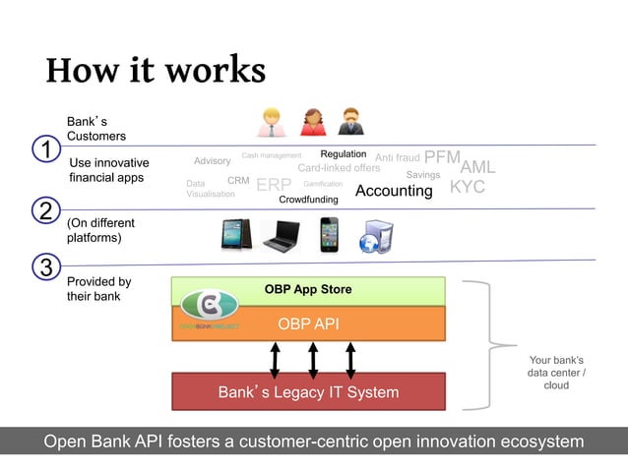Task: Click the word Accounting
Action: (394, 191)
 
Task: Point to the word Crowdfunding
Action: (308, 200)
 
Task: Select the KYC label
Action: (468, 187)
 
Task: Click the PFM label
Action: (442, 157)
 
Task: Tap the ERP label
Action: (274, 186)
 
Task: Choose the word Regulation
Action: (343, 154)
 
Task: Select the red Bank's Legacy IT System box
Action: (308, 392)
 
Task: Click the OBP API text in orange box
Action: (308, 323)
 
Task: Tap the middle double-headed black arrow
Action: (313, 359)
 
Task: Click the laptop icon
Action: (281, 234)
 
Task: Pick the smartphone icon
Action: (329, 234)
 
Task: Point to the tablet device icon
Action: (237, 234)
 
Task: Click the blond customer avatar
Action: (271, 122)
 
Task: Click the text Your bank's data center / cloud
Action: (556, 373)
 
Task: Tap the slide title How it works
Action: (156, 70)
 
